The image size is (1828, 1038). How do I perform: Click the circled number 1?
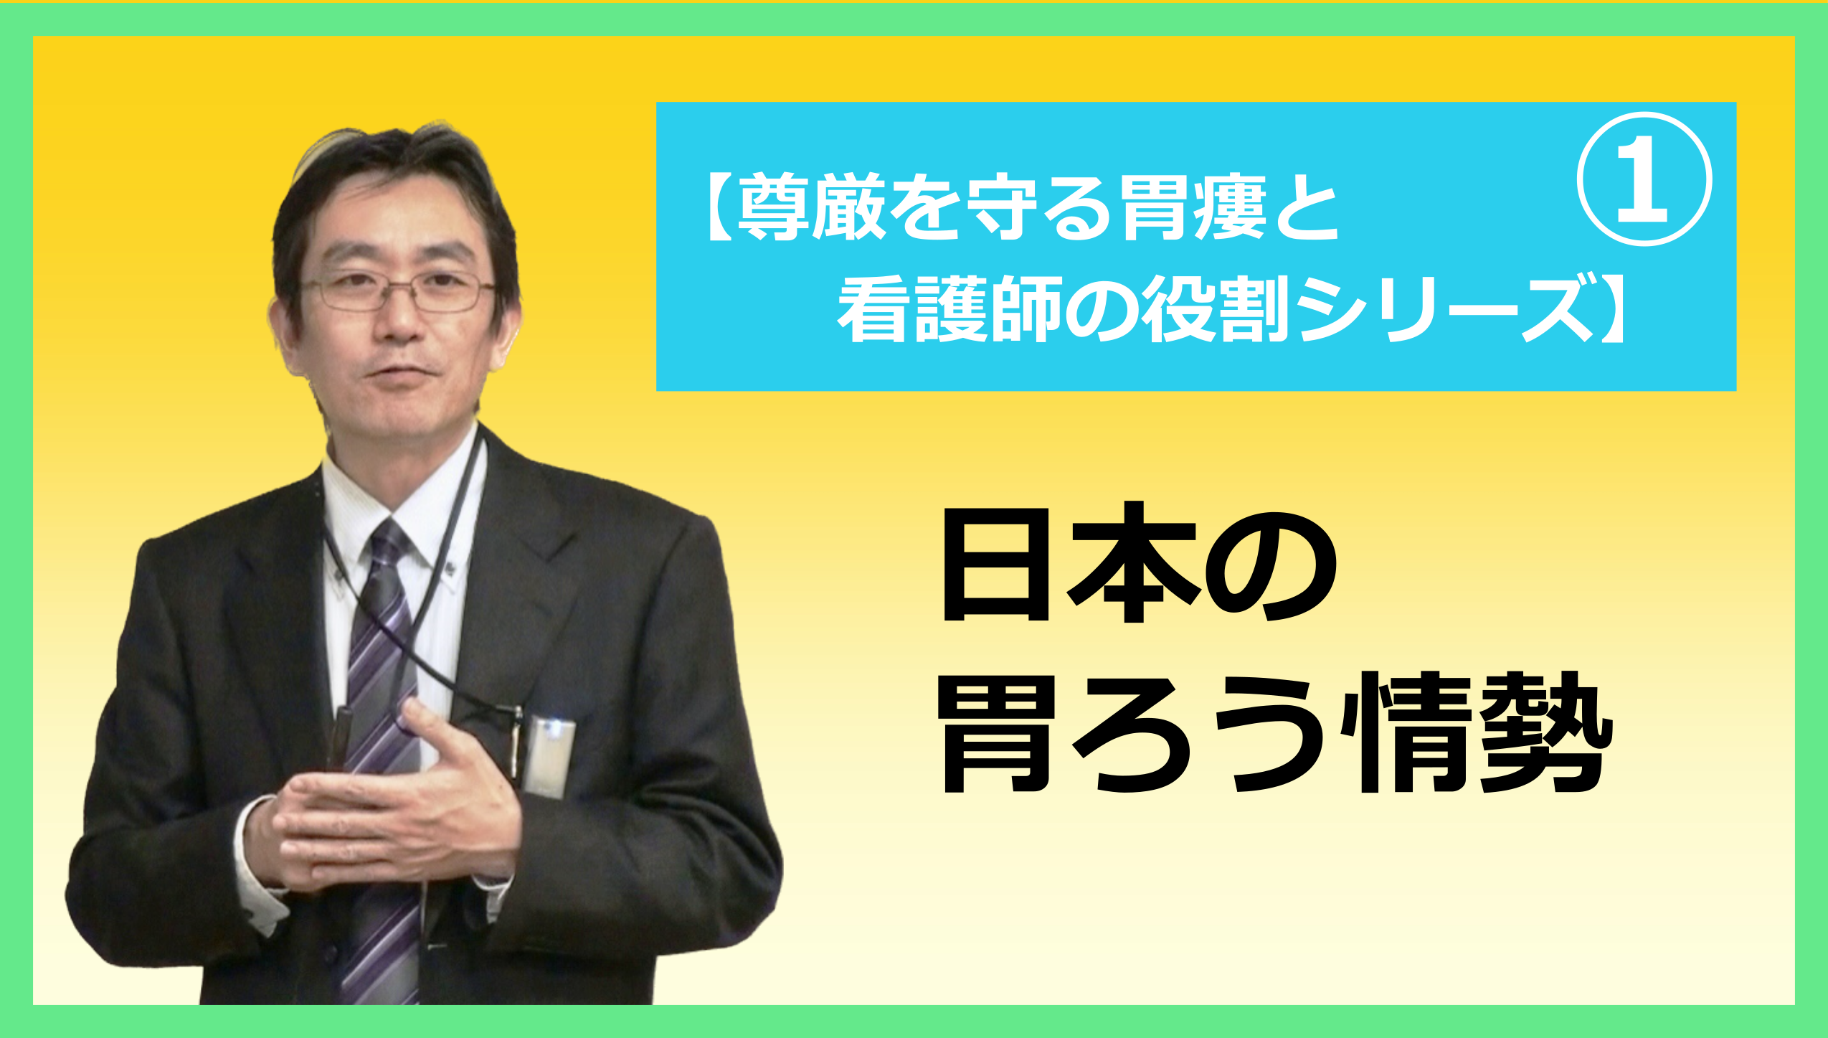1644,179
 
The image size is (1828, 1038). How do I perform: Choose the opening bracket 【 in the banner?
719,209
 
